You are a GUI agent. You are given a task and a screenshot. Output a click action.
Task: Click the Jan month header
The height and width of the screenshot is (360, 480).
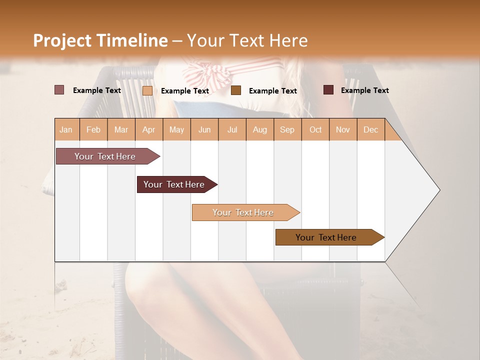coord(66,129)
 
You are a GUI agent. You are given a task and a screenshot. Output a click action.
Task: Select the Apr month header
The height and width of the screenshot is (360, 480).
coord(149,129)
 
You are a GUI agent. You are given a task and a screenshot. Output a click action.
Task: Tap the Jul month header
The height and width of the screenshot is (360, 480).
coord(232,129)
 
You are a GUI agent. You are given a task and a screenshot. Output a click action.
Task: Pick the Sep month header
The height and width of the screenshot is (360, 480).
coord(287,129)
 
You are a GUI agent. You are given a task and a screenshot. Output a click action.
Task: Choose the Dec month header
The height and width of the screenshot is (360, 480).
coord(370,129)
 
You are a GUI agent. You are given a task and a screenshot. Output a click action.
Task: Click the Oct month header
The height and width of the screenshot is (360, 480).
coord(315,129)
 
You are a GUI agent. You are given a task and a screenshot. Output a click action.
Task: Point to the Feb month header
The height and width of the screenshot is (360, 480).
coord(93,129)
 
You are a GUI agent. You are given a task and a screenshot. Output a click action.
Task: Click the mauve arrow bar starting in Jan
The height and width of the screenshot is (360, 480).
coord(105,156)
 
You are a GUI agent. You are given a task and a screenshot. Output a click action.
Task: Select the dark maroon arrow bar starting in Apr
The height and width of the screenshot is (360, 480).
coord(174,184)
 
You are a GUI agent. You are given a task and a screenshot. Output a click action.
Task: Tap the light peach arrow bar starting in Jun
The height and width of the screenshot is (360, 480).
coord(243,212)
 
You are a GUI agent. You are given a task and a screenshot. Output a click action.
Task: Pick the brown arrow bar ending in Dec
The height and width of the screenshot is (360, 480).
coord(326,237)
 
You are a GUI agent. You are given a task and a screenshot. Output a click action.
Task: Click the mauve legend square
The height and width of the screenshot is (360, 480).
coord(59,90)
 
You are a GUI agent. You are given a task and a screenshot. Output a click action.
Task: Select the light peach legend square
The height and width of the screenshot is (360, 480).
coord(147,90)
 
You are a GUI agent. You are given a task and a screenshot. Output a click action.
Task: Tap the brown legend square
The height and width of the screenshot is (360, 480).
coord(236,90)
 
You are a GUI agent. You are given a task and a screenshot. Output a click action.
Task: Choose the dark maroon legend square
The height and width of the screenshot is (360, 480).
coord(328,90)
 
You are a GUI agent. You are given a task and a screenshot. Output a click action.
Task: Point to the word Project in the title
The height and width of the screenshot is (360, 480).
coord(62,40)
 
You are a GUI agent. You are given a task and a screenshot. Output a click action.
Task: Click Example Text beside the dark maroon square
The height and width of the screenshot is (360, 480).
coord(364,90)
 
